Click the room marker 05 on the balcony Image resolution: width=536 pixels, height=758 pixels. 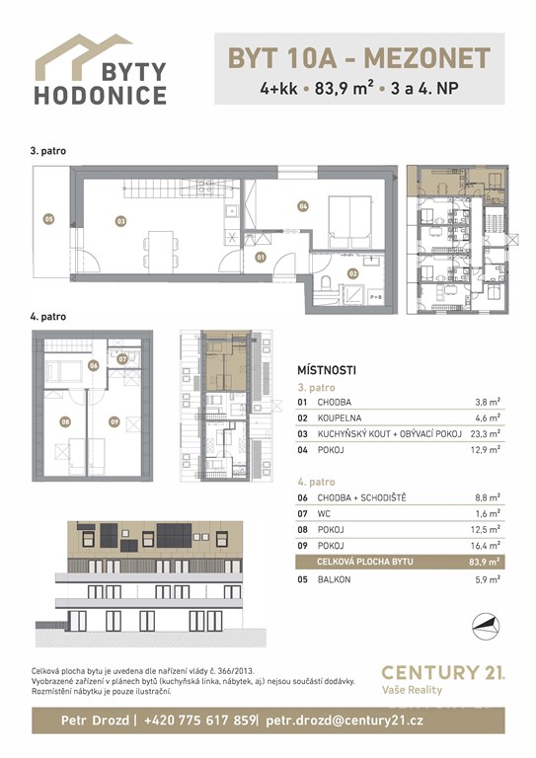click(48, 219)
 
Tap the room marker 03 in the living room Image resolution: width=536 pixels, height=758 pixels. click(120, 221)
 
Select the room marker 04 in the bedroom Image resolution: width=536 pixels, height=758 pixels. click(303, 206)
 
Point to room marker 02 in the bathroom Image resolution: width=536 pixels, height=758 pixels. click(353, 273)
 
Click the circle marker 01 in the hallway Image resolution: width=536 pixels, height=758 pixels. click(261, 258)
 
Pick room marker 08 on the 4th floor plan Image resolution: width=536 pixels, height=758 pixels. click(65, 421)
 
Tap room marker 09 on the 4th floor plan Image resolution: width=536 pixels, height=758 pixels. click(115, 421)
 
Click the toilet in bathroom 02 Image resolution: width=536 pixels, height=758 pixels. click(326, 282)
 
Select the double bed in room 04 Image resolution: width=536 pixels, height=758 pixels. click(349, 222)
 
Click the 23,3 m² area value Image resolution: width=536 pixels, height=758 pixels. click(486, 434)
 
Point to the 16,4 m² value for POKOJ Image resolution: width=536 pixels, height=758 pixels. click(486, 546)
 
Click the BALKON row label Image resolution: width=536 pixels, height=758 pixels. click(334, 579)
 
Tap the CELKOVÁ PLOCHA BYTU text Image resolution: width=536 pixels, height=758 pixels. click(365, 562)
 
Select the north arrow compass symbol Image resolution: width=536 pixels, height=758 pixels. click(486, 626)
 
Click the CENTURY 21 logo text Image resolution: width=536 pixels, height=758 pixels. click(443, 672)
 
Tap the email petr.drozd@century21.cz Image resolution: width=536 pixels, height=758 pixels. click(345, 720)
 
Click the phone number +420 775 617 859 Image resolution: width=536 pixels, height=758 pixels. click(199, 720)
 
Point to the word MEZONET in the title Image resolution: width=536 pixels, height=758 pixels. click(427, 58)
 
